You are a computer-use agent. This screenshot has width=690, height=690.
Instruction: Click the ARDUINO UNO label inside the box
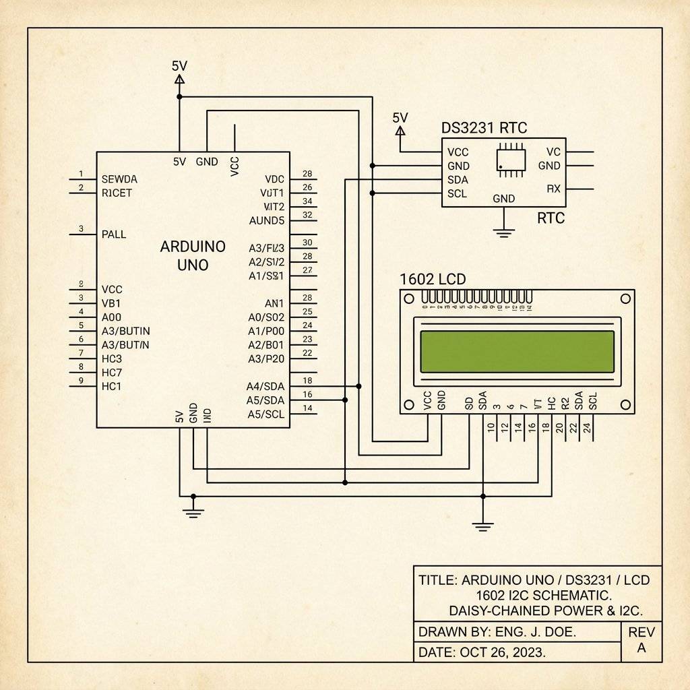[x=193, y=255]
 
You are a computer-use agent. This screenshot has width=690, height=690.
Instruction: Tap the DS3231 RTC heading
[x=484, y=128]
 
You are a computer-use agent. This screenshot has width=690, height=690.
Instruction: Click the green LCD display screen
[x=517, y=351]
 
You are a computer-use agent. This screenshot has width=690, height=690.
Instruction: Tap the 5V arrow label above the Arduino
[x=179, y=66]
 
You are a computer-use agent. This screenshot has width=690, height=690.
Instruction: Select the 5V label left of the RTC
[x=400, y=118]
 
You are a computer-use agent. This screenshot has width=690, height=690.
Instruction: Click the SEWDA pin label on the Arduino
[x=119, y=179]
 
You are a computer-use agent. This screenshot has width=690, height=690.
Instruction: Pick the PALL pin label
[x=114, y=234]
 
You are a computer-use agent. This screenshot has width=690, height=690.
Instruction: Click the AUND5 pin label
[x=267, y=220]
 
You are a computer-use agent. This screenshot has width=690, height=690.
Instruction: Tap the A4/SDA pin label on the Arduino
[x=265, y=386]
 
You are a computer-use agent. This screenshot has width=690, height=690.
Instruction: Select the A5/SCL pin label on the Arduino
[x=265, y=414]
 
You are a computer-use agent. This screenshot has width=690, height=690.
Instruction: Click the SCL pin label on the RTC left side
[x=458, y=193]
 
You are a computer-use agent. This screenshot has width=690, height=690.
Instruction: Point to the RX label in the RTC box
[x=553, y=189]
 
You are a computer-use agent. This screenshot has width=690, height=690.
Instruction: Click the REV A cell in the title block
[x=641, y=640]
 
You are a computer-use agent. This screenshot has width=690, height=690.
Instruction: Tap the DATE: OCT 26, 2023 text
[x=482, y=652]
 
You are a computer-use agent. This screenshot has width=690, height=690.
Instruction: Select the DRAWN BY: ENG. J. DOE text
[x=497, y=632]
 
